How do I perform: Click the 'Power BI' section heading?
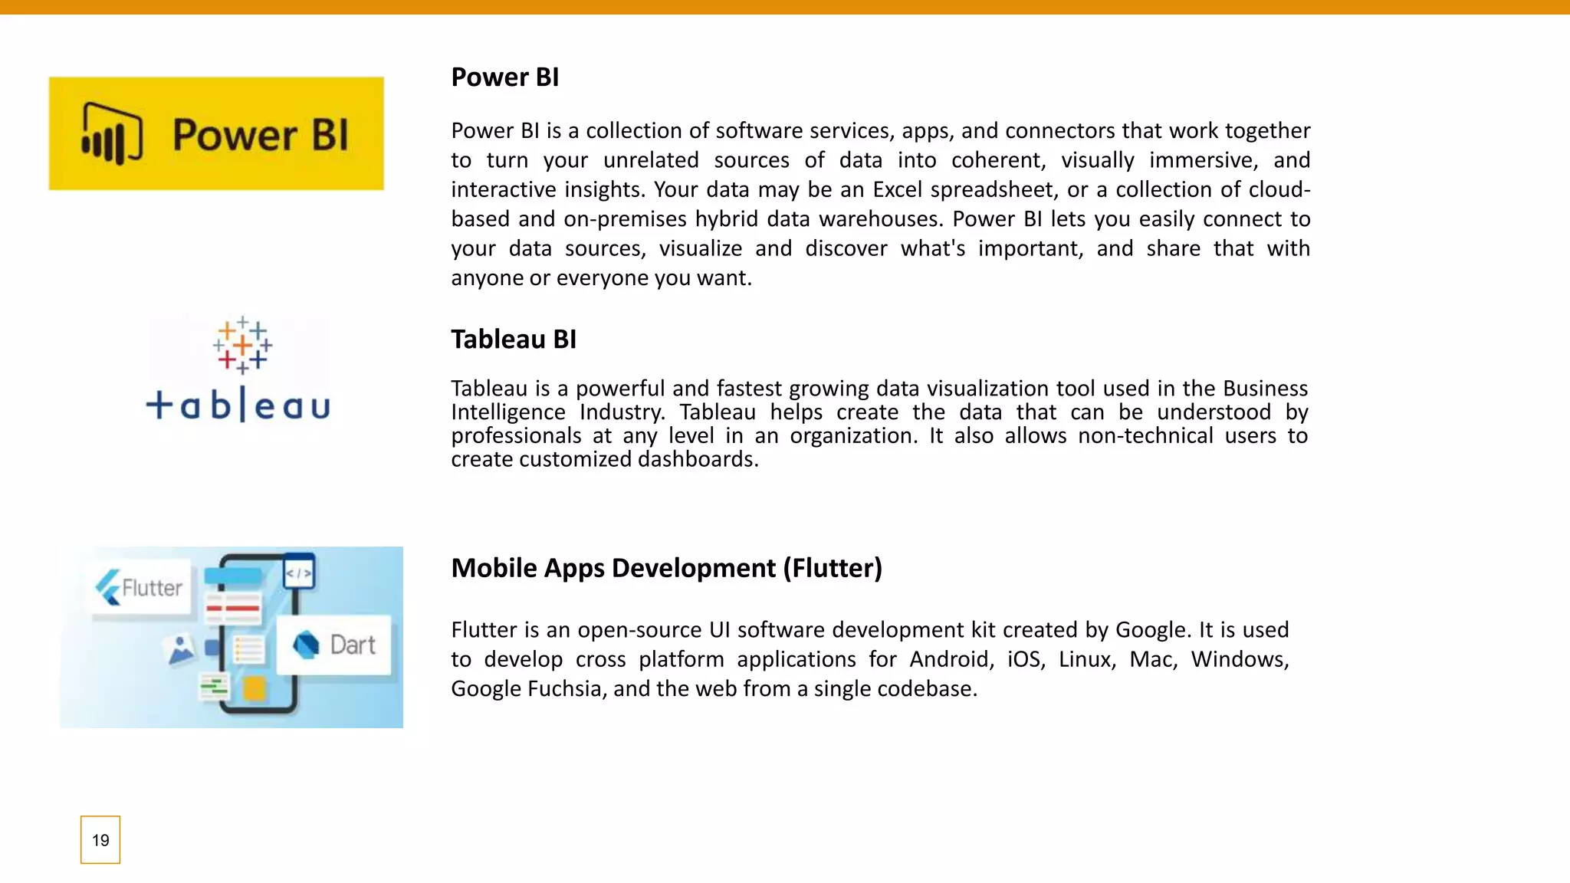pyautogui.click(x=504, y=77)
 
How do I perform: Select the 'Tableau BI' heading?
pyautogui.click(x=513, y=339)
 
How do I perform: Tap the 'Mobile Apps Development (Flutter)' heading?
pyautogui.click(x=666, y=568)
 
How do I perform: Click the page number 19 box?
pyautogui.click(x=100, y=840)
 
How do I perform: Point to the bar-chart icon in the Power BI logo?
pyautogui.click(x=112, y=134)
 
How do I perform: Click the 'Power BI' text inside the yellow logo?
pyautogui.click(x=260, y=135)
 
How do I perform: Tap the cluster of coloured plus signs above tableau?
pyautogui.click(x=242, y=345)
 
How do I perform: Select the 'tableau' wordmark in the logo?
pyautogui.click(x=238, y=405)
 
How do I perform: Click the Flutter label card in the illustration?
pyautogui.click(x=140, y=589)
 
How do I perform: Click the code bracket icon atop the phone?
pyautogui.click(x=298, y=573)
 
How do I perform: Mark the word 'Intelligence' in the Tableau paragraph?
pyautogui.click(x=507, y=412)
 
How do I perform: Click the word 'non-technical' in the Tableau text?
pyautogui.click(x=1145, y=436)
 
